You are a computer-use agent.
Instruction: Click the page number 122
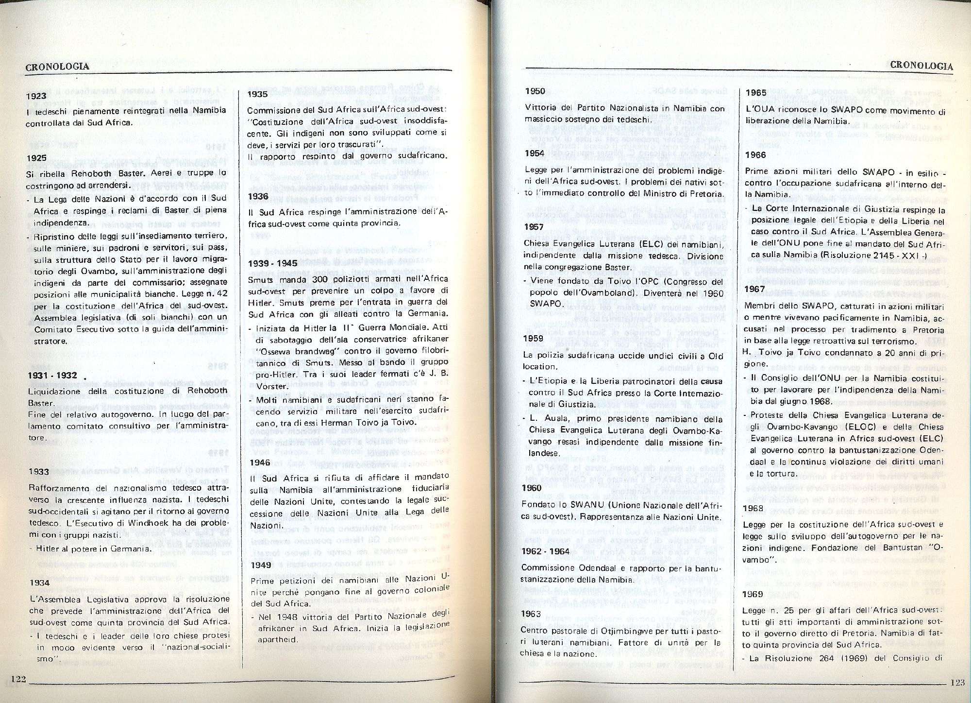[x=18, y=678]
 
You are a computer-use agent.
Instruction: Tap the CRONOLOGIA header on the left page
[x=57, y=67]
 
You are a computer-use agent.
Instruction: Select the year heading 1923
[x=37, y=96]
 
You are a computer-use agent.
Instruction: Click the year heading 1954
[x=535, y=153]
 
